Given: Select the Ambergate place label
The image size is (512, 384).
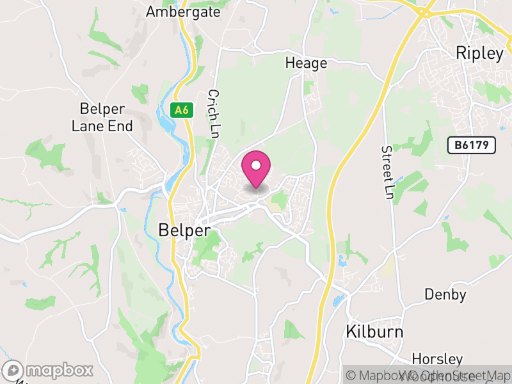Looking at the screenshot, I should tap(183, 12).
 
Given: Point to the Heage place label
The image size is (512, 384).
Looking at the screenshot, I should tap(306, 63).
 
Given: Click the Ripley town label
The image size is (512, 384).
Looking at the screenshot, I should tap(479, 53).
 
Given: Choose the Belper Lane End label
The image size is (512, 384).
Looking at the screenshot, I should tap(102, 117).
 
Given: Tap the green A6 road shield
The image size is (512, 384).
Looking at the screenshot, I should tap(182, 110).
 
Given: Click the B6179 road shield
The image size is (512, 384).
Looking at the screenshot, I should tap(472, 145).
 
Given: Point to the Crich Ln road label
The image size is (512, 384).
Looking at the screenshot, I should tap(213, 113).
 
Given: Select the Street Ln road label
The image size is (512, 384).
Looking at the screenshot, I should tap(387, 172).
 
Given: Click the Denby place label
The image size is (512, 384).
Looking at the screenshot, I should tap(445, 295).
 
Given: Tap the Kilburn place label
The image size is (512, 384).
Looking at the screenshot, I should tap(374, 332).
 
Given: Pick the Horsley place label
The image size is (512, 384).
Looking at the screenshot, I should tap(437, 358).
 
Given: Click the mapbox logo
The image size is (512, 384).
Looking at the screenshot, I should tap(49, 370).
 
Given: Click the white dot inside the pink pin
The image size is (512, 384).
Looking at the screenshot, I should tap(256, 166).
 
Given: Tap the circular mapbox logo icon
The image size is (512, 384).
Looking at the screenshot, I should tap(13, 370).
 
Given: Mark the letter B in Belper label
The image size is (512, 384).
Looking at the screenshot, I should tap(163, 230).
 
